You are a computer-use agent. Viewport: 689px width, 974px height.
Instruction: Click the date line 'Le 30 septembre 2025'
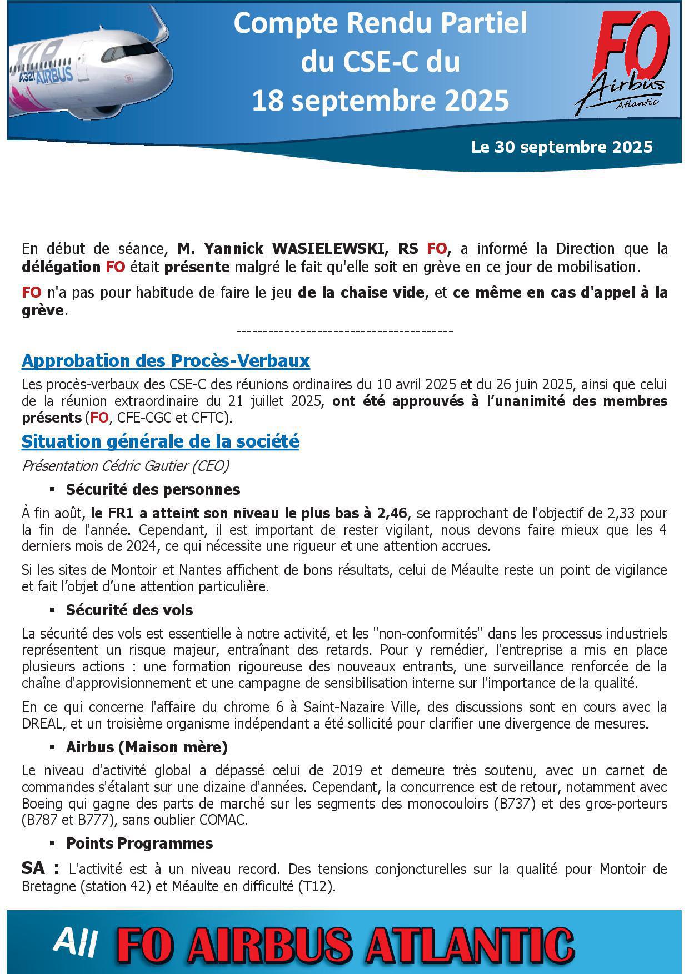[562, 147]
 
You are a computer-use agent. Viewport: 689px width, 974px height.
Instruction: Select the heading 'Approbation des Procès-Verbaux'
[166, 361]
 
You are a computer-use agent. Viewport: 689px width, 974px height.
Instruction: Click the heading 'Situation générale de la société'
[160, 441]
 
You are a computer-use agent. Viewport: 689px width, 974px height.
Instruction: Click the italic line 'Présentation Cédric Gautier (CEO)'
[125, 465]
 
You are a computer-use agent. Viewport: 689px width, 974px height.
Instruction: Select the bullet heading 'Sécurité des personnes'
[153, 489]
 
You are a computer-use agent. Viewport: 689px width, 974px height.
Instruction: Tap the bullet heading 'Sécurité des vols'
[129, 610]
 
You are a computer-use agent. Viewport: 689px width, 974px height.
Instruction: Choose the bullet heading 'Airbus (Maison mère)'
[147, 747]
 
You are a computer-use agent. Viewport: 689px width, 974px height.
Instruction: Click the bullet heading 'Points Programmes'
[139, 843]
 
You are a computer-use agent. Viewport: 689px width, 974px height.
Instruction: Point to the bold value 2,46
[392, 513]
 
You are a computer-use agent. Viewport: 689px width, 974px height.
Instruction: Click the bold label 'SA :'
[41, 868]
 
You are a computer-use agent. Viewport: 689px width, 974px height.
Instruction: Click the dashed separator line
[344, 332]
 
